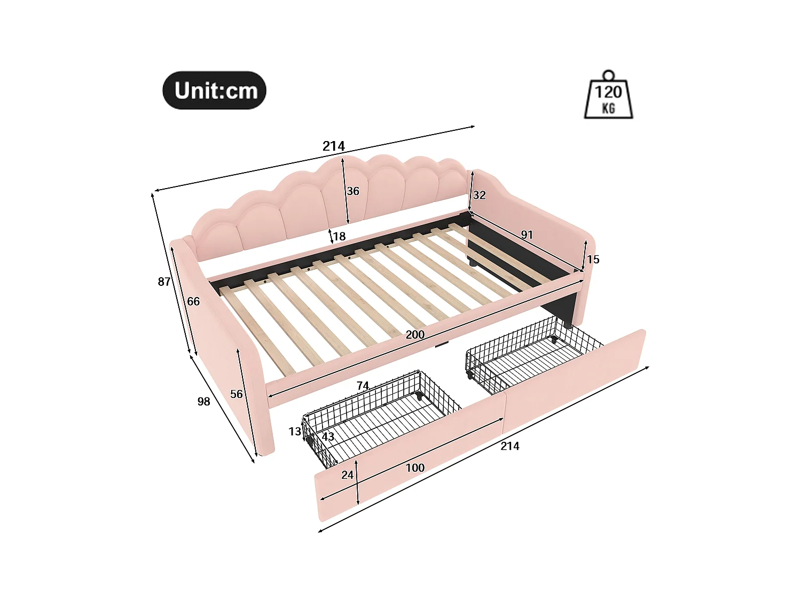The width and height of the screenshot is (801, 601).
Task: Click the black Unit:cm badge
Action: [214, 91]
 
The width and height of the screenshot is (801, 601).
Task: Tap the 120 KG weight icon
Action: [608, 96]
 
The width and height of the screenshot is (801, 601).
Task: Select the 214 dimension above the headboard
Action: [334, 146]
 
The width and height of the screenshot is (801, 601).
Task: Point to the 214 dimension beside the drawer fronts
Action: [509, 446]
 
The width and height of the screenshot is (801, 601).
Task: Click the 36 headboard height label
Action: [353, 191]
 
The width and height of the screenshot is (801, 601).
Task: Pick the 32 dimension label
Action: [479, 195]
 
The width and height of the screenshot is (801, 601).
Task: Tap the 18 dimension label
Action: [339, 236]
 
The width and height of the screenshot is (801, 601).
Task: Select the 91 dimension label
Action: [527, 235]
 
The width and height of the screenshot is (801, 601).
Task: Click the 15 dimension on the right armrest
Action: [593, 260]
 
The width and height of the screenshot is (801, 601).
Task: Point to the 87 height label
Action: [164, 282]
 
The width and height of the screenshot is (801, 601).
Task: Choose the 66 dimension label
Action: [193, 302]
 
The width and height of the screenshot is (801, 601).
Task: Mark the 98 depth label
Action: [203, 402]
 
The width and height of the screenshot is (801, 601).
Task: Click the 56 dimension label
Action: [236, 394]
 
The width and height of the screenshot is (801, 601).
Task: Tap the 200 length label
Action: [415, 335]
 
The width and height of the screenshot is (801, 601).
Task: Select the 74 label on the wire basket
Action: [363, 386]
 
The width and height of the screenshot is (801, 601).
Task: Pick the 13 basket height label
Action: [295, 432]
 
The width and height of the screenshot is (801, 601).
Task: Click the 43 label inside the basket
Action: [328, 436]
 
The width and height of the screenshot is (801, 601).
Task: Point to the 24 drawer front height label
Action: [348, 475]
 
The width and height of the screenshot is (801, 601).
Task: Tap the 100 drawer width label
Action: [415, 468]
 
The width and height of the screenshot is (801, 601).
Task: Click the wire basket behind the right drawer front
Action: [529, 353]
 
